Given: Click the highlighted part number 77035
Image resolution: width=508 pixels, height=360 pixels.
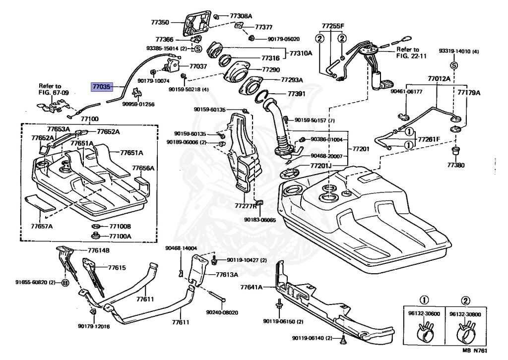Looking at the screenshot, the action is tap(102, 87).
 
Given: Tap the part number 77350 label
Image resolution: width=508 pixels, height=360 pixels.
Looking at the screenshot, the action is tap(160, 22).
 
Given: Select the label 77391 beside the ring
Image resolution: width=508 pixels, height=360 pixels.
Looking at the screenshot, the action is tap(297, 94).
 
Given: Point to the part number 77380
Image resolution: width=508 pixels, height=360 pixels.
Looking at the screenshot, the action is tap(456, 165).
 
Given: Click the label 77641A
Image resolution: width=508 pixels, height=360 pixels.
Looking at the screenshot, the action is tap(252, 287).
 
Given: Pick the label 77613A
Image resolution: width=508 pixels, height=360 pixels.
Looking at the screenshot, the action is tap(227, 275).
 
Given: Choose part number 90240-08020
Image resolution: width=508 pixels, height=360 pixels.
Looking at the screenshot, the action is tap(222, 312).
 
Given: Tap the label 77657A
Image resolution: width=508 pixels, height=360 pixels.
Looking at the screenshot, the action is tap(42, 226).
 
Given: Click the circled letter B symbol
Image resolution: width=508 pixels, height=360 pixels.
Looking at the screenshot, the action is tap(65, 283).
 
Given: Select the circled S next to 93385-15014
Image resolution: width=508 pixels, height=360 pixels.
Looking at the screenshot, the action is tap(198, 49).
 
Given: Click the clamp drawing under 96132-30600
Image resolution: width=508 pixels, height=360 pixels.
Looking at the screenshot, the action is tap(424, 330).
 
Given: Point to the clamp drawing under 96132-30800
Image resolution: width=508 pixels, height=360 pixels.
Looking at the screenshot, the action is tap(465, 330).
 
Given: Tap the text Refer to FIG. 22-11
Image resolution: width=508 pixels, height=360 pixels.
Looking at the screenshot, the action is tap(411, 53).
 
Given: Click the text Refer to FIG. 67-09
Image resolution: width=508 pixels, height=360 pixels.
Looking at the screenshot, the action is tap(54, 89).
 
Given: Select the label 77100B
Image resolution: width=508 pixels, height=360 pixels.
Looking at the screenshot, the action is tap(120, 226).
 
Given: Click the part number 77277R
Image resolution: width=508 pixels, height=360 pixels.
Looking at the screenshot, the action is tap(246, 206).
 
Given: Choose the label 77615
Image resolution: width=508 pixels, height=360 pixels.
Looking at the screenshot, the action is tap(117, 268).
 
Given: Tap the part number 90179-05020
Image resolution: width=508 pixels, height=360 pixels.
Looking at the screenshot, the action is tap(283, 39).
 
